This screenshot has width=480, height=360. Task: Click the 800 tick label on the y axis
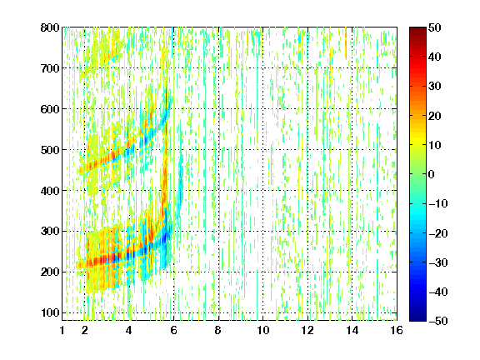pos(50,27)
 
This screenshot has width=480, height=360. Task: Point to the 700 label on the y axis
pos(50,68)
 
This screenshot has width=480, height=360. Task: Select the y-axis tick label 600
pos(50,109)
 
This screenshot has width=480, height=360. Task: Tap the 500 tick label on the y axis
pos(50,150)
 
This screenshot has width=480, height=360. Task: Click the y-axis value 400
pos(50,191)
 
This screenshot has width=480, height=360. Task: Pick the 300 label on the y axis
pos(50,232)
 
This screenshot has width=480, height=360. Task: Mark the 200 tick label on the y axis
pos(50,272)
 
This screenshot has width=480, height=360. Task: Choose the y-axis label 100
pos(50,312)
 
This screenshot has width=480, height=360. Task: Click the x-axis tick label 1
pos(62,330)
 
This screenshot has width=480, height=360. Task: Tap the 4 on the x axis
pos(129,330)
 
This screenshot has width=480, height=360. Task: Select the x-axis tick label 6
pos(173,330)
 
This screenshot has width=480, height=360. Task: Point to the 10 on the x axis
pos(262,330)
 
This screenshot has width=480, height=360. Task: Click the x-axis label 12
pos(307,330)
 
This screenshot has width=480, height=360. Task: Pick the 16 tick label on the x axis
pos(397,330)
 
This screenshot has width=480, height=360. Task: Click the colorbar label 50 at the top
pos(434,27)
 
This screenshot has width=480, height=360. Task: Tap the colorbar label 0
pos(432,174)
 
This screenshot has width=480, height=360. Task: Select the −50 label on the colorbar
pos(438,321)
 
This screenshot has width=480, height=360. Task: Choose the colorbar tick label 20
pos(434,116)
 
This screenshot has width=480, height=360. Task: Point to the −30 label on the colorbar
pos(438,262)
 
